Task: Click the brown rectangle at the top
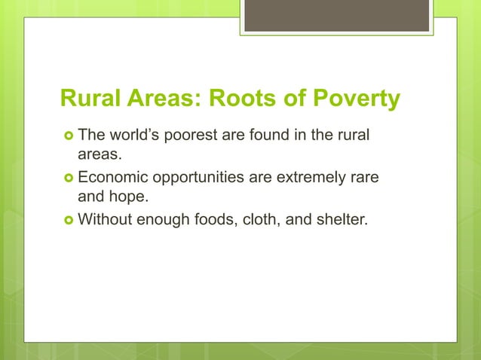tap(336, 15)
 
